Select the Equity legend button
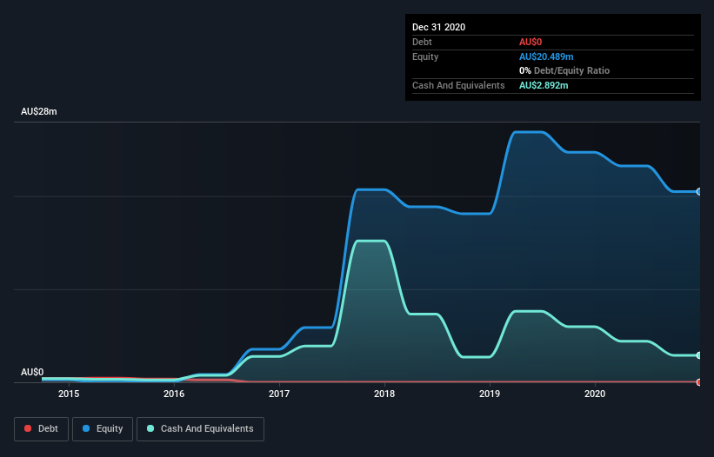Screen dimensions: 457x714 103,428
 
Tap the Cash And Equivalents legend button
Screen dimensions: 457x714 200,428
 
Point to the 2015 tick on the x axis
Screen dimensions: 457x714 69,394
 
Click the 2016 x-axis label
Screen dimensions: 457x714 174,394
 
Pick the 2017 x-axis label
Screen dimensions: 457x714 279,394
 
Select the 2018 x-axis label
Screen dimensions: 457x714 384,394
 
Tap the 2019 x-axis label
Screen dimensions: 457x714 490,394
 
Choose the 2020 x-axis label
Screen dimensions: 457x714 595,394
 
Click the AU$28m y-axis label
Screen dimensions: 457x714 39,112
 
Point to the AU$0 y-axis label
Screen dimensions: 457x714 32,372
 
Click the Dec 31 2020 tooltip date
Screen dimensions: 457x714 439,27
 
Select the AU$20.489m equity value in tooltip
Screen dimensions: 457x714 546,56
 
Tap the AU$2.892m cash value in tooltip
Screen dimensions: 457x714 544,85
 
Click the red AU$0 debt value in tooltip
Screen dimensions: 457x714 531,42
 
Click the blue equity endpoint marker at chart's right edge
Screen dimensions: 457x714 699,191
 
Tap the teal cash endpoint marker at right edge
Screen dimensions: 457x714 699,355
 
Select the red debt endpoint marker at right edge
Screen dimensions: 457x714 699,381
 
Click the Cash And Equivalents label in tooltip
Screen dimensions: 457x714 458,85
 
